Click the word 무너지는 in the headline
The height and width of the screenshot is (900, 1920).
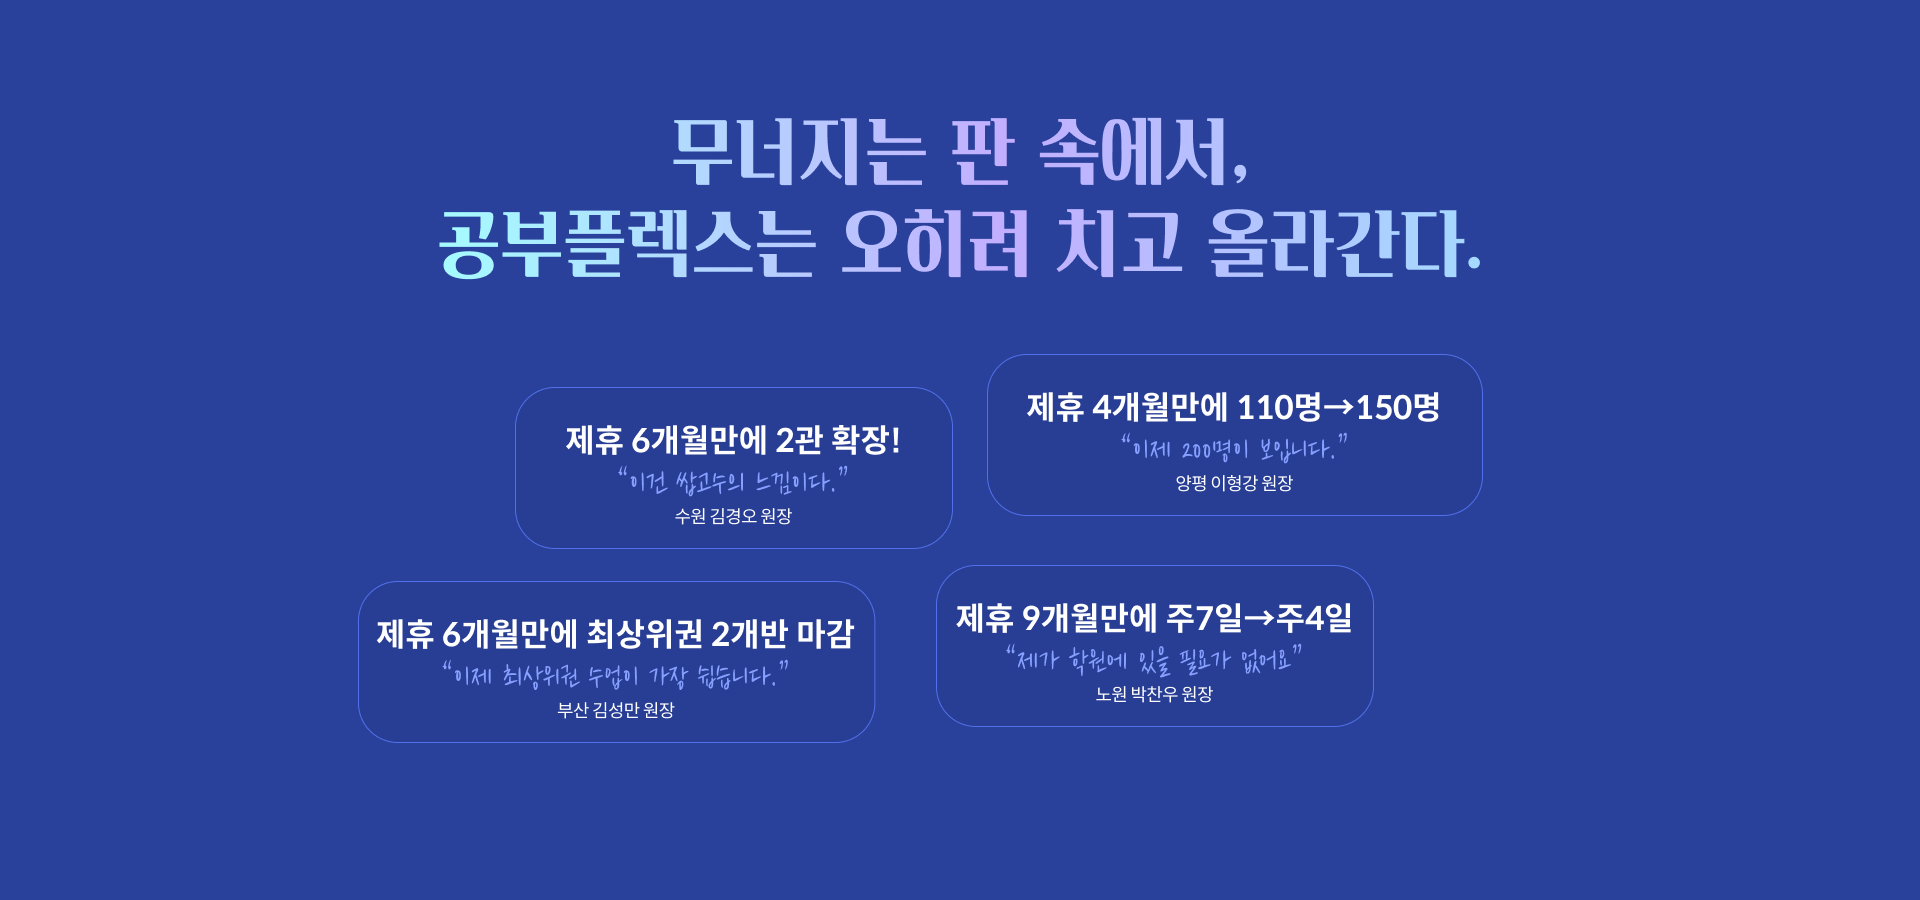(x=798, y=152)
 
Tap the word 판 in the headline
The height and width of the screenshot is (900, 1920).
(x=983, y=152)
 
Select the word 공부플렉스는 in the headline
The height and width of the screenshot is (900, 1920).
(x=627, y=243)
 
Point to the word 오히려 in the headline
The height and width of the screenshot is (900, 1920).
(x=935, y=243)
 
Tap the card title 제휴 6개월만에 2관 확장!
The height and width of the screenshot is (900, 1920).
(x=733, y=440)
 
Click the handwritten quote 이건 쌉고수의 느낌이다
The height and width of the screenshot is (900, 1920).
(x=733, y=481)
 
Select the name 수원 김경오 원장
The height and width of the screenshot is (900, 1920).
(x=733, y=516)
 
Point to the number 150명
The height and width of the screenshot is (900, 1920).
(x=1398, y=407)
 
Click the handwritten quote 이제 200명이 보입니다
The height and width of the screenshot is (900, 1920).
(x=1234, y=448)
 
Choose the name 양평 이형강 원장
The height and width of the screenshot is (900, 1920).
(x=1234, y=483)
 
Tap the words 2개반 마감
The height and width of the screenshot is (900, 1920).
(x=783, y=634)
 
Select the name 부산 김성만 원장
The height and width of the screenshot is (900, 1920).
(x=616, y=710)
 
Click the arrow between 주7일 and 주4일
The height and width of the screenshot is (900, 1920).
(x=1259, y=618)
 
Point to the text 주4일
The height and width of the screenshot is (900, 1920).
(x=1314, y=618)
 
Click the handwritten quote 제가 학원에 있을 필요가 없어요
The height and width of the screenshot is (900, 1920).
(x=1154, y=659)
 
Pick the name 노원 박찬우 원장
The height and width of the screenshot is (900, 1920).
(x=1154, y=694)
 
